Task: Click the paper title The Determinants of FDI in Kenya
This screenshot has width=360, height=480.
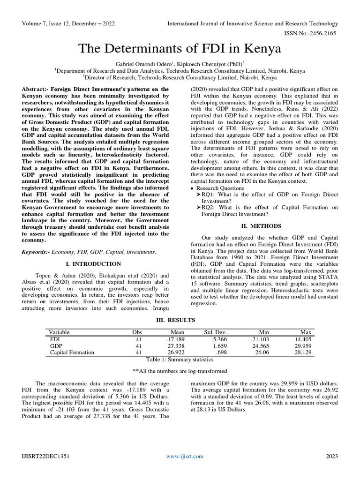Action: (x=180, y=48)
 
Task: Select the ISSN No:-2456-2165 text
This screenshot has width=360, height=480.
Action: (x=311, y=33)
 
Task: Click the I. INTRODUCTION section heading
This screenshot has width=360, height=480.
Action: (x=94, y=264)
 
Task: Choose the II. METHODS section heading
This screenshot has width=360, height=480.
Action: (x=264, y=225)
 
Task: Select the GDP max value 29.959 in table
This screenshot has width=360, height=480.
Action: (x=301, y=345)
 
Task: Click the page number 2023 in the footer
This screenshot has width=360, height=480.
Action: (x=331, y=456)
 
